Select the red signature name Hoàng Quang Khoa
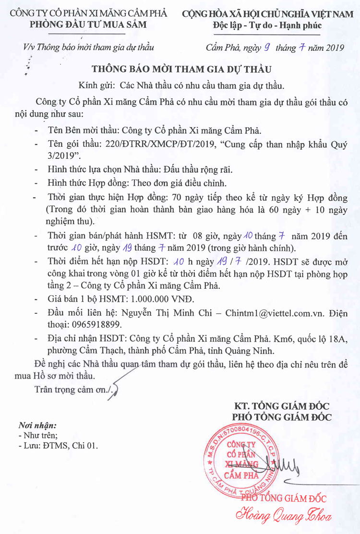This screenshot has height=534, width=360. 283,516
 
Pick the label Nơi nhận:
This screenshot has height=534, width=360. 37,425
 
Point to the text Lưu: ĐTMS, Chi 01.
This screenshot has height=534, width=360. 58,446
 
